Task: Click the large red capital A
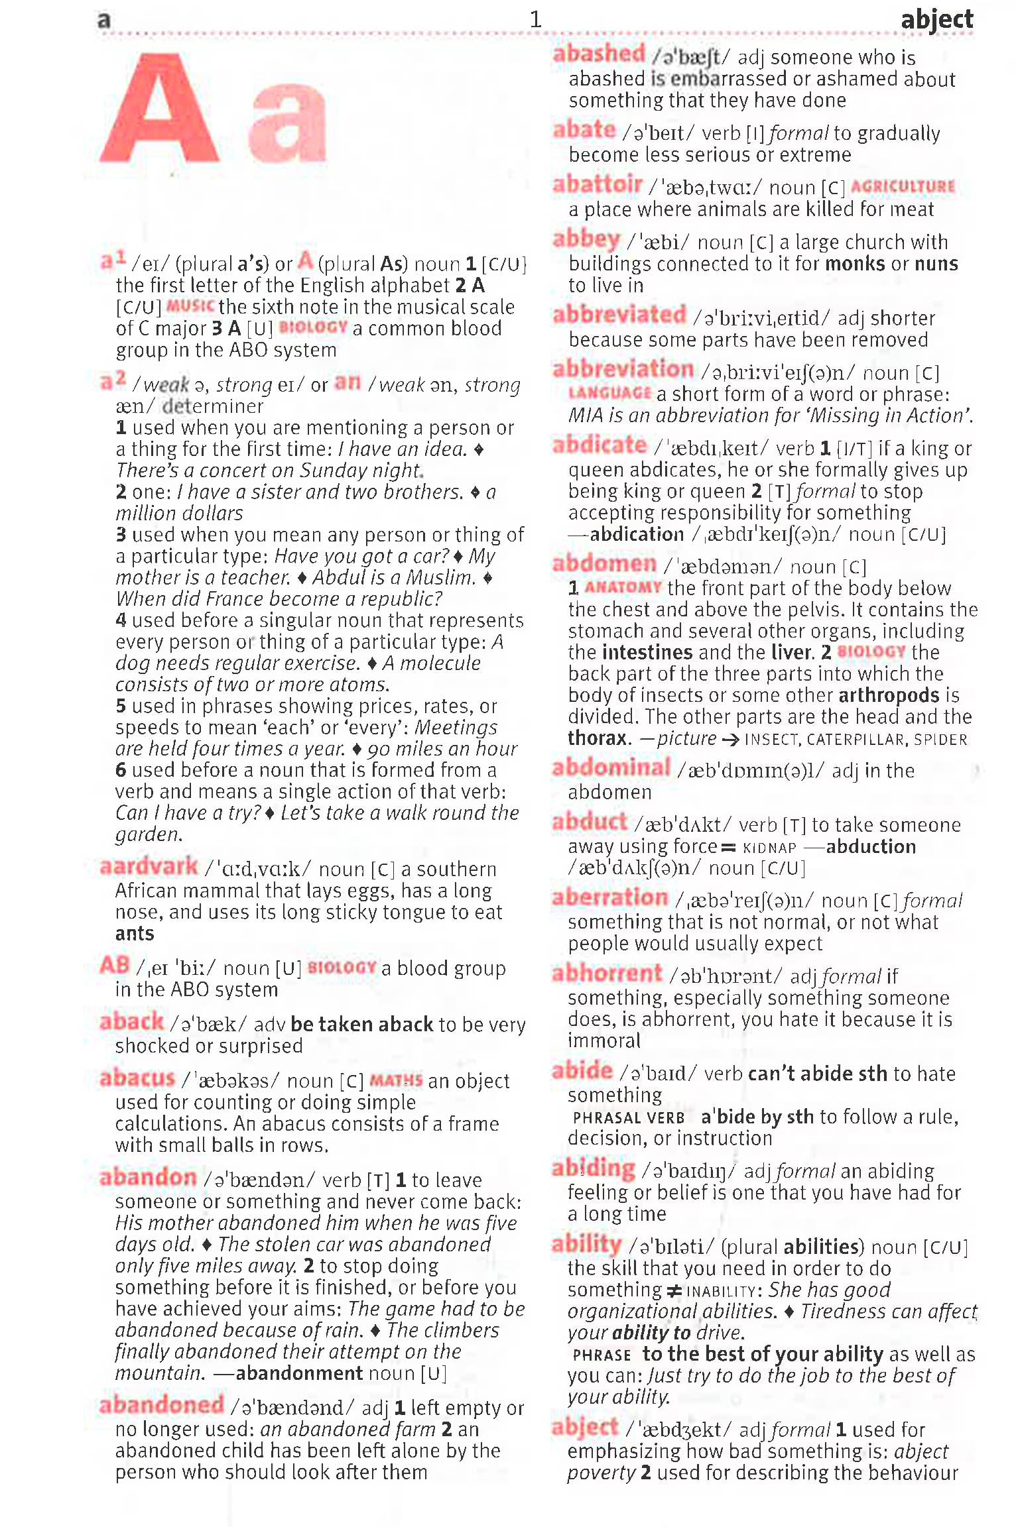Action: [x=159, y=109]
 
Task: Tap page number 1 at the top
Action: [x=536, y=20]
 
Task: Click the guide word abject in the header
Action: [x=936, y=20]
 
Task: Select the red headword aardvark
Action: [x=149, y=866]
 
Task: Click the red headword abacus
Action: [x=137, y=1078]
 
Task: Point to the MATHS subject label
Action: [x=395, y=1080]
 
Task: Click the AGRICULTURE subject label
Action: [x=903, y=187]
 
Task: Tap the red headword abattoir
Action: [x=597, y=184]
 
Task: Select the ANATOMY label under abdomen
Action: [x=623, y=587]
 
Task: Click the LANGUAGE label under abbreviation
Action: [x=609, y=393]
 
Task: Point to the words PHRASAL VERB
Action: [x=628, y=1118]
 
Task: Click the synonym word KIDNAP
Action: [x=769, y=848]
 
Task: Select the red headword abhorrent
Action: [x=607, y=973]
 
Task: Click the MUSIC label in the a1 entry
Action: [x=190, y=306]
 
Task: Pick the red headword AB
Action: [x=115, y=966]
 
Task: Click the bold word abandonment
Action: [x=299, y=1373]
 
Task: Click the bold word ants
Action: [x=135, y=933]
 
